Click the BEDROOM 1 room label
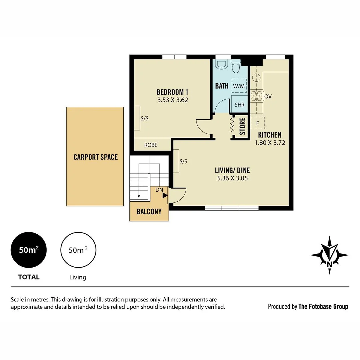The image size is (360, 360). coord(173,92)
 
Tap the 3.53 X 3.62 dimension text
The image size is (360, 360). coord(173,100)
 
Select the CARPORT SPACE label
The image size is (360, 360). coord(95,157)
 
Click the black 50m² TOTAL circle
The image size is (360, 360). coord(29,250)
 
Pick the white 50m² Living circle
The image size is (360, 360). coord(78,250)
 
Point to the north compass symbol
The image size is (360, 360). coord(329,255)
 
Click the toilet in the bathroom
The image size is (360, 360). coord(236,67)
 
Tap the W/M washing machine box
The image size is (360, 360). coord(239,86)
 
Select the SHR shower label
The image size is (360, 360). coord(239,105)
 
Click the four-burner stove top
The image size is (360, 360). coord(256,96)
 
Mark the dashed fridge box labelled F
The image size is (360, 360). coord(258,123)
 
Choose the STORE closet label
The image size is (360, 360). coord(242,126)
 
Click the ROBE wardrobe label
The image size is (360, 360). coord(151,145)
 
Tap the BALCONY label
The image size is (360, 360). coord(149,212)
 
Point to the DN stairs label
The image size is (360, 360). coord(159,190)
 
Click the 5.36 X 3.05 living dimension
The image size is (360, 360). coord(232,178)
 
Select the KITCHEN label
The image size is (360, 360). coord(270,135)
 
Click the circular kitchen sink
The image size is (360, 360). coord(256,78)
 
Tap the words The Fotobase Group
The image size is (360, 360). coord(323,306)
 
